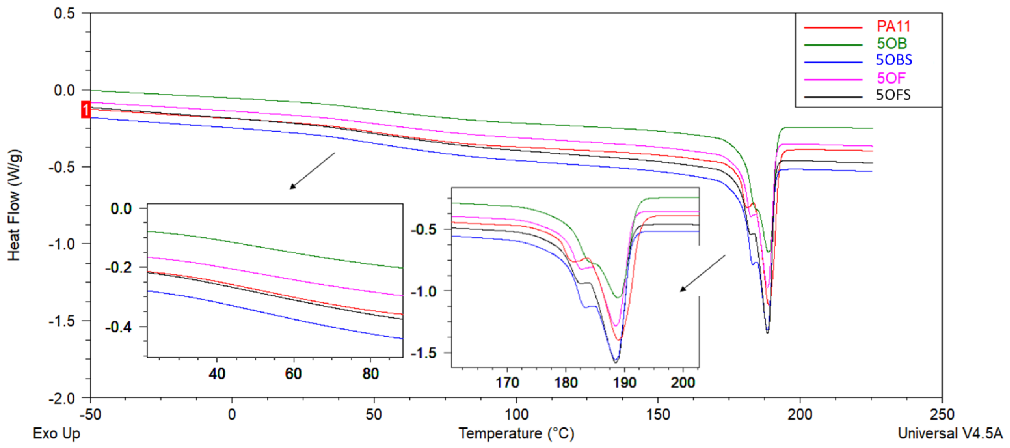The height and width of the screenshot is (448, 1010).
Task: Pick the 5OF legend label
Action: [891, 78]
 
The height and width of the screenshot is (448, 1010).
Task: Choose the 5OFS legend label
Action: [893, 95]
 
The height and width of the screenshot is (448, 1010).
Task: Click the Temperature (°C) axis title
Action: [516, 433]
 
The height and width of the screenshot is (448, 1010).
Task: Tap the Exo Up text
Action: [56, 433]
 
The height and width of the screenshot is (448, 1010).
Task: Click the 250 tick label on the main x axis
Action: [942, 414]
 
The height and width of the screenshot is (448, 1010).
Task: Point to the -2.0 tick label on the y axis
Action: [62, 399]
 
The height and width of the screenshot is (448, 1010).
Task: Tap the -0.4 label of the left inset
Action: [118, 327]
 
